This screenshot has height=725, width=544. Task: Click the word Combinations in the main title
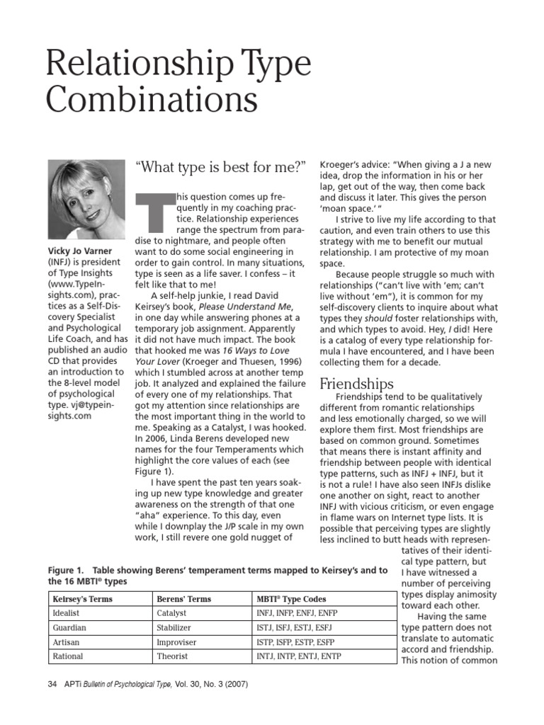151,100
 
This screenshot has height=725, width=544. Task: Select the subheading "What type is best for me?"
220,168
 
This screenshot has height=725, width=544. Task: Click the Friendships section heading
356,384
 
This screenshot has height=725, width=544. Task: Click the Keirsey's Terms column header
83,599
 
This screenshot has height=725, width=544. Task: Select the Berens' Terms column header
183,599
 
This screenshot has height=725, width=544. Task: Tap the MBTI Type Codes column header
293,599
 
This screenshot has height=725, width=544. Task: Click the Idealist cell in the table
67,613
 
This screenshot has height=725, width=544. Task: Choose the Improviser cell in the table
177,642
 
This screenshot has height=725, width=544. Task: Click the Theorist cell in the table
173,656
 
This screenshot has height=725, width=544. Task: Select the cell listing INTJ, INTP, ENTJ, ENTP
298,656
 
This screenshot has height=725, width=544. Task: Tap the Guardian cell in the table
69,627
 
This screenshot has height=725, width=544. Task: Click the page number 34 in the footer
52,685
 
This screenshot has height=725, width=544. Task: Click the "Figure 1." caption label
66,570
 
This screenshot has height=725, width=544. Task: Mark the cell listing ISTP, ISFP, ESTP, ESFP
295,642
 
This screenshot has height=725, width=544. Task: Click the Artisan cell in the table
67,642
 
